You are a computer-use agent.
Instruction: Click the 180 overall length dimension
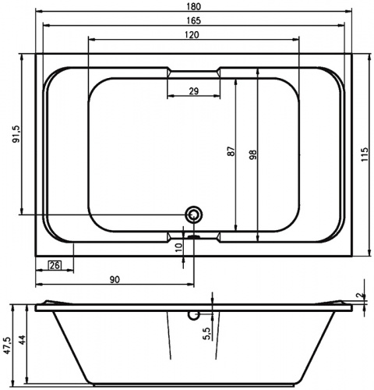click(194, 6)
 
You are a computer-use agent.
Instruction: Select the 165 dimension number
click(194, 20)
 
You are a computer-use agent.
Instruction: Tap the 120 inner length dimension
click(192, 34)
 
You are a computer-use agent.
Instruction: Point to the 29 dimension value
click(194, 91)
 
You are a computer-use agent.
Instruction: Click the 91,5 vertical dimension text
click(16, 134)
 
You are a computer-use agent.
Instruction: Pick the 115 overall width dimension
click(365, 154)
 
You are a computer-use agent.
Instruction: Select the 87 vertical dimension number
click(231, 151)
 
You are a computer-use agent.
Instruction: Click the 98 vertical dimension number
click(253, 154)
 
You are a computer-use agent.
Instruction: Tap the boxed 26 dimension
click(55, 265)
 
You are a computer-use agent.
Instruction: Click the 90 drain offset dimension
click(115, 280)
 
